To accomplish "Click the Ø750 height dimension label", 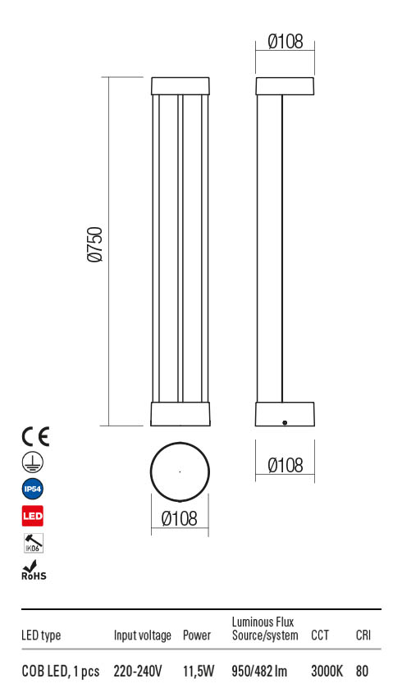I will [x=95, y=245].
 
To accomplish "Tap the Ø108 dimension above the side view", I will [x=286, y=41].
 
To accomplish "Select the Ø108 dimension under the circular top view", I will [x=179, y=518].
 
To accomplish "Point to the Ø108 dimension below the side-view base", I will [x=286, y=466].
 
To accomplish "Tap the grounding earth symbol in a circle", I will [x=32, y=462].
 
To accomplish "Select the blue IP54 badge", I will [x=32, y=490].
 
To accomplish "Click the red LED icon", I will [x=32, y=517].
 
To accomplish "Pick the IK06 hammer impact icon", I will [x=32, y=543].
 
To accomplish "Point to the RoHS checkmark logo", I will [x=33, y=570].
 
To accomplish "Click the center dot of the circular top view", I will [x=180, y=471].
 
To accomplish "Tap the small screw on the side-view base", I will [x=284, y=422].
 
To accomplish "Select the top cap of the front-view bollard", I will [x=181, y=86].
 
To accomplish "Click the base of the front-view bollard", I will [x=181, y=414].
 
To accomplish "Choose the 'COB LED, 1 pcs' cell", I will [x=60, y=672].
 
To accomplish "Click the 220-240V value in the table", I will [x=138, y=672].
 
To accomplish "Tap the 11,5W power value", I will [x=198, y=672].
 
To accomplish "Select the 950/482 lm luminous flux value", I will [x=260, y=672].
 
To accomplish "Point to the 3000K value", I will [x=327, y=672].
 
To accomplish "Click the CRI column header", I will [x=363, y=635].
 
